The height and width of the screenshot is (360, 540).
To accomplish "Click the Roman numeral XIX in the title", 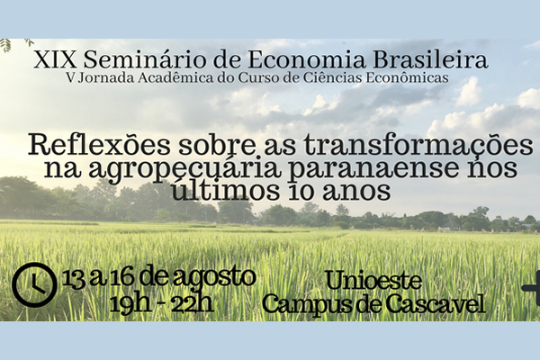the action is click(x=55, y=59).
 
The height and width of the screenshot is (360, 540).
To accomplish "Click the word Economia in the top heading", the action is click(x=307, y=59).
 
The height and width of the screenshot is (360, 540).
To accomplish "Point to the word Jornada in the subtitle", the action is click(x=105, y=78).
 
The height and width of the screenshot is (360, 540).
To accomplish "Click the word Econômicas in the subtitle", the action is click(x=407, y=77).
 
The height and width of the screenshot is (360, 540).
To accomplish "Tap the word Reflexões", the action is click(x=99, y=145).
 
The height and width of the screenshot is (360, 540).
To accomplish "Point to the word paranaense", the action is click(x=373, y=169).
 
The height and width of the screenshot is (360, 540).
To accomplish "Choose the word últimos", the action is click(x=225, y=190).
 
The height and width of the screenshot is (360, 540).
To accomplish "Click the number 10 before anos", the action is click(x=301, y=191).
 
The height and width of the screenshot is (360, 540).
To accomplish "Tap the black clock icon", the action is click(x=34, y=284).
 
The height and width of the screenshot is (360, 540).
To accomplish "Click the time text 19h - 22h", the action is click(x=161, y=304).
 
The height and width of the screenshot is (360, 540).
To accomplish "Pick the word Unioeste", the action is click(x=373, y=281).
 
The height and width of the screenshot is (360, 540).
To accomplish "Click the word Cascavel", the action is click(x=436, y=304).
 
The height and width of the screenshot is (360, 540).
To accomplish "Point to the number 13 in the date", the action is click(x=74, y=279).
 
